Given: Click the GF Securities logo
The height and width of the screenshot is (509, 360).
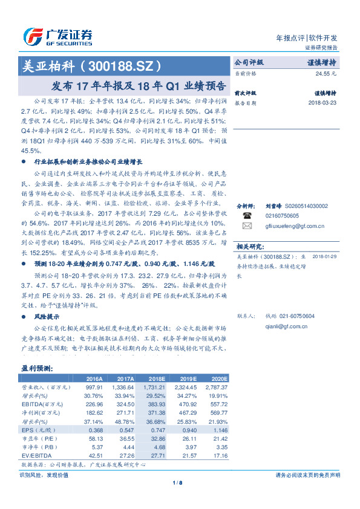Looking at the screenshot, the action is pyautogui.click(x=57, y=37).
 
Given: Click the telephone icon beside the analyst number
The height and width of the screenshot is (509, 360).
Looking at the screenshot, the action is pyautogui.click(x=247, y=215).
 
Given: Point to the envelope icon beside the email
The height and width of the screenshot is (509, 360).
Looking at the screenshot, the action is pyautogui.click(x=247, y=226).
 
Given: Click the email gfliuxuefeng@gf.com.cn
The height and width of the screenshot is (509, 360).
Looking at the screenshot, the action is pyautogui.click(x=295, y=227).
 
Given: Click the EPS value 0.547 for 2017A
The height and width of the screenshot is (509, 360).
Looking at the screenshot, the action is pyautogui.click(x=124, y=429).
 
